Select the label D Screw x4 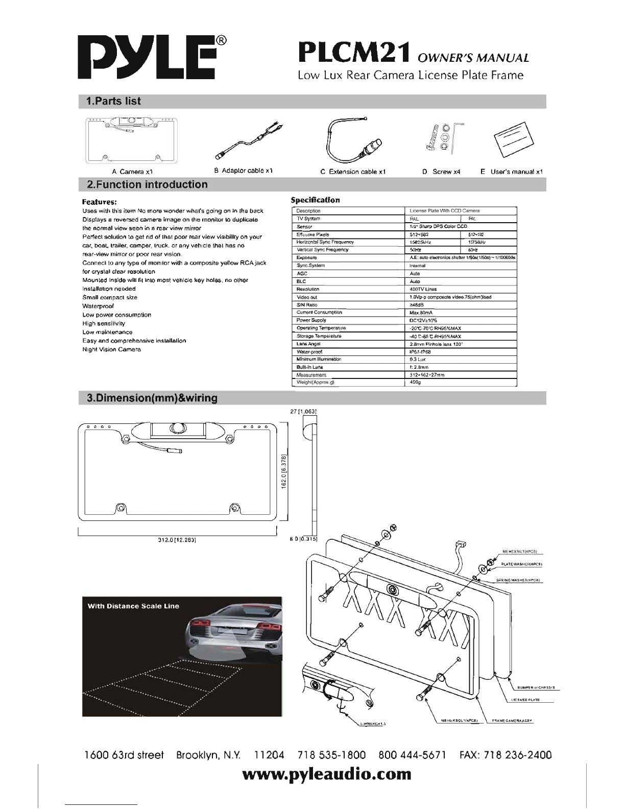point(441,172)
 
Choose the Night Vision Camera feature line point(111,349)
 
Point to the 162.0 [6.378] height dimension point(285,469)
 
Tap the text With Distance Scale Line point(133,606)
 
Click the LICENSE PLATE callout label point(525,700)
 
